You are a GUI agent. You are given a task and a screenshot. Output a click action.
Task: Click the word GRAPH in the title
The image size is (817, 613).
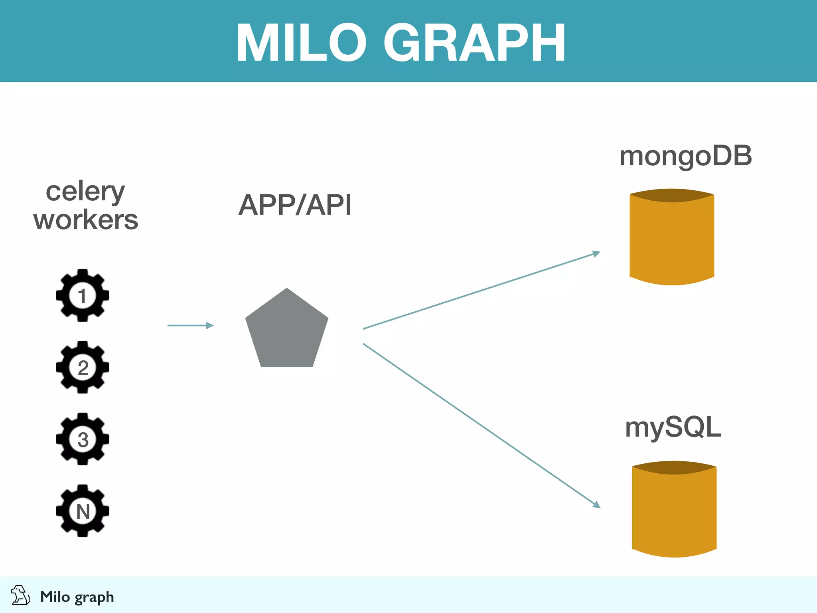click(x=474, y=43)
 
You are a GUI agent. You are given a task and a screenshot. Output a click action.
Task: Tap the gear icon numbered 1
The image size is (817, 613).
click(x=83, y=295)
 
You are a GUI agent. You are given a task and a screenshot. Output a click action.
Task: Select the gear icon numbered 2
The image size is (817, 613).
click(x=83, y=367)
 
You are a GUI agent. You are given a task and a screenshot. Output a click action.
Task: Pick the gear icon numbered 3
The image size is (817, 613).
click(x=83, y=439)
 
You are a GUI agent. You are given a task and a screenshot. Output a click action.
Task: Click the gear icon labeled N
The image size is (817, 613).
click(x=83, y=511)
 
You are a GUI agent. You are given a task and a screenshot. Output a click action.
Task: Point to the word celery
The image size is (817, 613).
click(x=85, y=192)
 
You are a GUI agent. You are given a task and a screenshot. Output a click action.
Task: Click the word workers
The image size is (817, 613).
click(x=86, y=220)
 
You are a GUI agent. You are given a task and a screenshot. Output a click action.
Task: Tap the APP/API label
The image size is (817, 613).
click(x=295, y=205)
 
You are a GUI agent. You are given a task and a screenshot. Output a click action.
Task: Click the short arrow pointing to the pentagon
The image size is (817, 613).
click(x=190, y=326)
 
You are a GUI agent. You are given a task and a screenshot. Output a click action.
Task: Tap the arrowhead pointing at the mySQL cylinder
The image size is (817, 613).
click(x=596, y=504)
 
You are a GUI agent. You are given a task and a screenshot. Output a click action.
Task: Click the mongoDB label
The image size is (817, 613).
click(x=685, y=156)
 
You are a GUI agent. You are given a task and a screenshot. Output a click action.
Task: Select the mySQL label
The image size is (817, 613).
click(x=673, y=427)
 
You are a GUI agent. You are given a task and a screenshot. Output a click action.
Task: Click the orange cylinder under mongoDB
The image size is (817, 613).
click(x=672, y=243)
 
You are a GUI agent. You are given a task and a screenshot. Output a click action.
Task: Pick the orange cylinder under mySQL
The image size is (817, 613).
click(x=674, y=515)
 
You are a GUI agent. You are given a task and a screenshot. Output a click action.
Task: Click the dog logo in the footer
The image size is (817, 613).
click(x=20, y=595)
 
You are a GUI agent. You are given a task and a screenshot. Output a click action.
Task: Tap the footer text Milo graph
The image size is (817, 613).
click(x=77, y=597)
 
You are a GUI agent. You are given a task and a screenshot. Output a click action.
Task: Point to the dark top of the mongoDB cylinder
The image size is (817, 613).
click(x=672, y=196)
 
